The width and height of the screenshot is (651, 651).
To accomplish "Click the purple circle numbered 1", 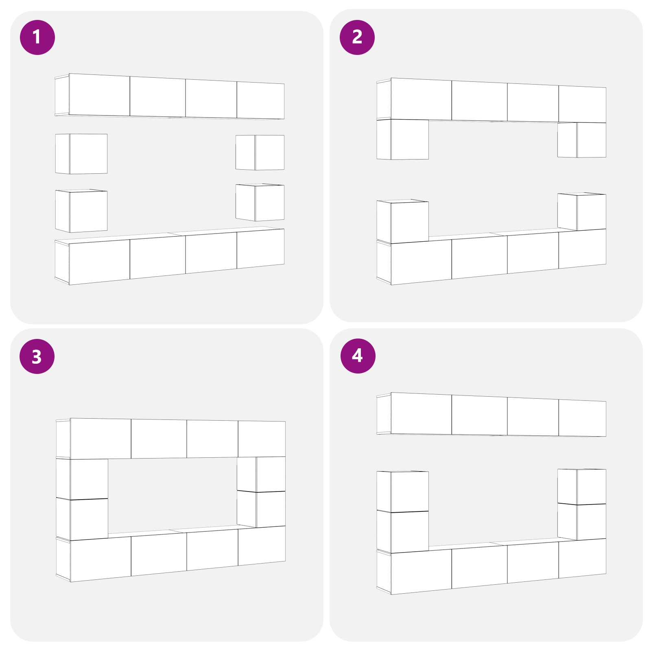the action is [37, 37].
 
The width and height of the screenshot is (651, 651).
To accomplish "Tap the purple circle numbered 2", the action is [357, 37].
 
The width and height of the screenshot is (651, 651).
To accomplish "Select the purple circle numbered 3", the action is [37, 356].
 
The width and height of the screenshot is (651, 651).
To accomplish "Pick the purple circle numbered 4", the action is [358, 356].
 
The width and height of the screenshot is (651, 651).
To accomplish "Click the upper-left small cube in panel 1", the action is [81, 154].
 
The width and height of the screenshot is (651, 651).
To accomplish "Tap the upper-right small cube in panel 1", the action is [260, 153].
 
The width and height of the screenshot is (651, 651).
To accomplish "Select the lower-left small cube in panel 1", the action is [81, 211].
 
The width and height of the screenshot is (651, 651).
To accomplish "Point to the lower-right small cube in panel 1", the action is [260, 202].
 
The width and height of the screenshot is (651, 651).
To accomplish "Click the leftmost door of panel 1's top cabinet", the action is [100, 95].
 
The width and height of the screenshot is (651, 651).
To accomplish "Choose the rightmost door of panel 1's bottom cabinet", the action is [260, 249].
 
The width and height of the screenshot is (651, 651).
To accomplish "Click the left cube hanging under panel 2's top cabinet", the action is [403, 139].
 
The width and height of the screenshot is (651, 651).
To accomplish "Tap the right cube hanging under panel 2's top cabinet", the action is [582, 140].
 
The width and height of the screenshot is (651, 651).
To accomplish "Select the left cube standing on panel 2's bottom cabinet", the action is [403, 221].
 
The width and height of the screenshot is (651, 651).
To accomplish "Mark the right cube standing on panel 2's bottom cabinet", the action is [582, 212].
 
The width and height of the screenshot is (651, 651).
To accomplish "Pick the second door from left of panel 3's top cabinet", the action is [159, 439].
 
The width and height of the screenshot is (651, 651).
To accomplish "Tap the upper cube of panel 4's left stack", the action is [403, 491].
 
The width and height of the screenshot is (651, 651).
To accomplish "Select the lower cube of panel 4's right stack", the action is [582, 522].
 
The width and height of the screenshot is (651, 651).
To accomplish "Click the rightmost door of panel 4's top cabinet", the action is [582, 418].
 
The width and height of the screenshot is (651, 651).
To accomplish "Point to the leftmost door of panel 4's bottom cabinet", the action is [421, 571].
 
